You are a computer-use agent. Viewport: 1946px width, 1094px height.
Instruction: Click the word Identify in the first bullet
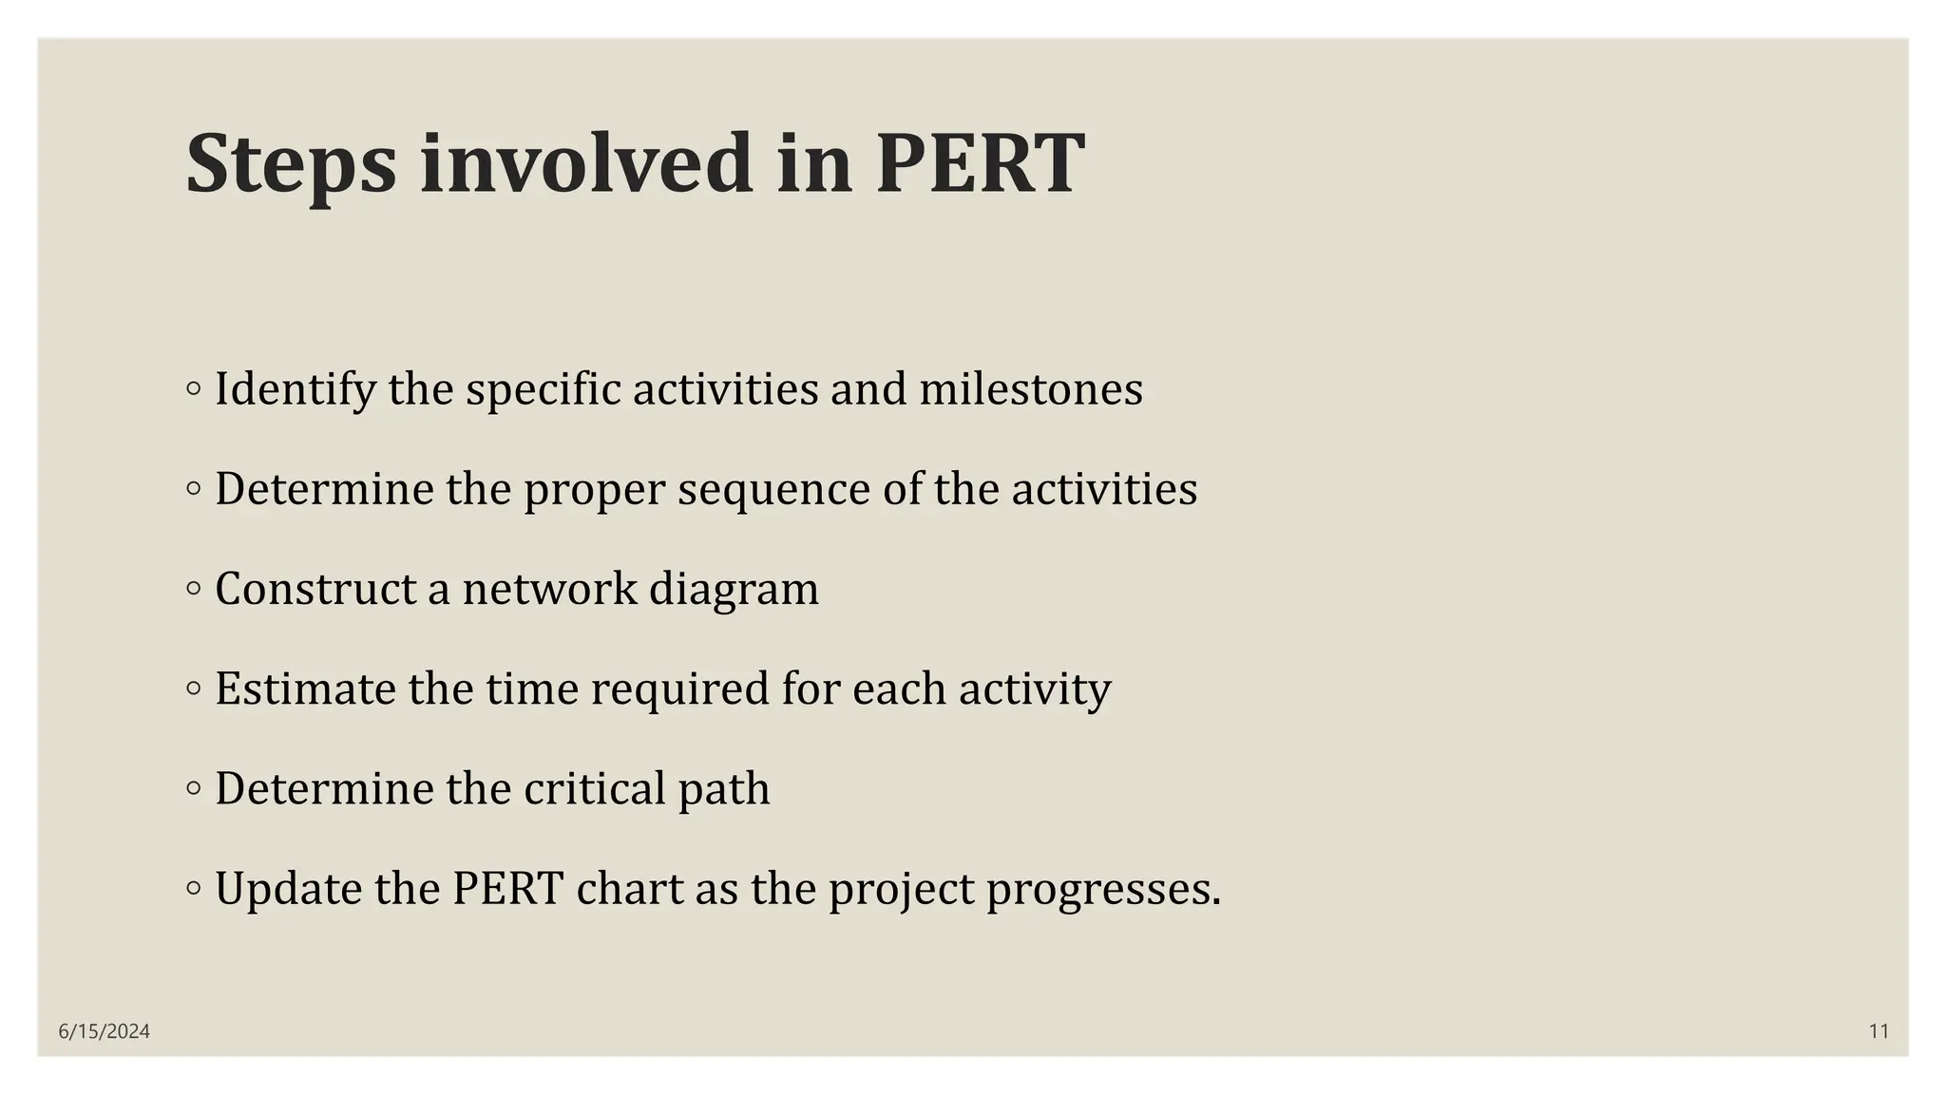296,389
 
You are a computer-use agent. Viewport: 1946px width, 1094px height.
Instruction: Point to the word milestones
1031,389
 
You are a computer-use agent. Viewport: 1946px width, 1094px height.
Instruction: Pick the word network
549,589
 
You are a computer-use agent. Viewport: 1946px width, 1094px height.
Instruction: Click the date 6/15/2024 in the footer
105,1031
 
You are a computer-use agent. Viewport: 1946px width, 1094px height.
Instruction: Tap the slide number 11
1879,1031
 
